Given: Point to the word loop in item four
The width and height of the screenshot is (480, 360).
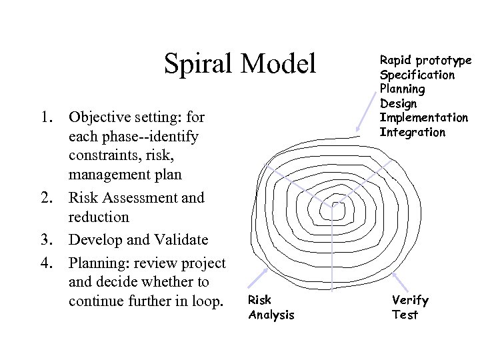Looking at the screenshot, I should pyautogui.click(x=205, y=301).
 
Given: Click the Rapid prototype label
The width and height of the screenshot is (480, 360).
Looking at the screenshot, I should pyautogui.click(x=425, y=60).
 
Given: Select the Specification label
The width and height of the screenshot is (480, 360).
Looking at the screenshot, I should pyautogui.click(x=417, y=74).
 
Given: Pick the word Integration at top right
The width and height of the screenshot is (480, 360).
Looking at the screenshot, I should pyautogui.click(x=412, y=132).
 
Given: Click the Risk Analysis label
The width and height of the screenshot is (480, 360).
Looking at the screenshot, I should pyautogui.click(x=271, y=307).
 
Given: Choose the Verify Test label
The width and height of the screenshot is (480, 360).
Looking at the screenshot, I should pyautogui.click(x=410, y=307).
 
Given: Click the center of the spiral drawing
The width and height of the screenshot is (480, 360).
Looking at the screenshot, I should pyautogui.click(x=329, y=209).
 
